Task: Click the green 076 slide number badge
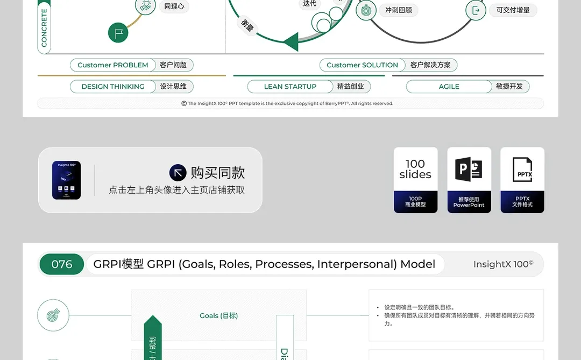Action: click(x=61, y=264)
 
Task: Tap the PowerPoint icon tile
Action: click(x=469, y=170)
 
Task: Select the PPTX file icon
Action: click(x=522, y=170)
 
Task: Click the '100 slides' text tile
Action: click(x=415, y=169)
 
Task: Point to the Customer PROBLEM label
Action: click(x=113, y=65)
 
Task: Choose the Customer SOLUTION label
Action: click(x=362, y=65)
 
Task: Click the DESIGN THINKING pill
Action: click(x=113, y=87)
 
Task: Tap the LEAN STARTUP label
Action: click(x=290, y=87)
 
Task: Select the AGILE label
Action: click(x=449, y=87)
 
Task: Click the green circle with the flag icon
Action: click(x=118, y=33)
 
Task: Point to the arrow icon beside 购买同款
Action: click(x=178, y=173)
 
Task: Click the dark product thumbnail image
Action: click(x=67, y=180)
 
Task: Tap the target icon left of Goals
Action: click(x=53, y=315)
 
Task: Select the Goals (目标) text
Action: click(x=218, y=316)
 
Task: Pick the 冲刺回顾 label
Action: click(x=398, y=10)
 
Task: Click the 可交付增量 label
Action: click(x=513, y=10)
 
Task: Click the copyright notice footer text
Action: click(x=290, y=103)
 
